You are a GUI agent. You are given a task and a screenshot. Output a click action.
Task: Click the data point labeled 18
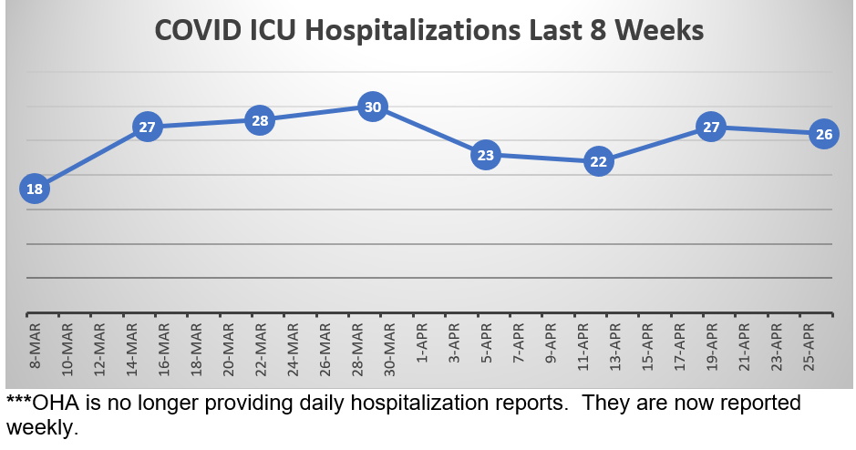[34, 189]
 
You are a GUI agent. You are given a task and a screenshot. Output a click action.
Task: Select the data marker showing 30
[372, 107]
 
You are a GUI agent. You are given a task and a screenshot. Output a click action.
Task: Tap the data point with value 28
[260, 121]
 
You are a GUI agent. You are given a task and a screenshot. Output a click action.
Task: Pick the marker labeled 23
[486, 155]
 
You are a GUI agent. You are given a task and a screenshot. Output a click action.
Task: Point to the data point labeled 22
[598, 161]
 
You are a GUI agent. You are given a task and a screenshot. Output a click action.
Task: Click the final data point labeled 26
[823, 134]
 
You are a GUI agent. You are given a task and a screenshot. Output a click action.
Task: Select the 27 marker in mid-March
[148, 127]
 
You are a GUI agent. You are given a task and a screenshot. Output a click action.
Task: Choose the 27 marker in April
[711, 127]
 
